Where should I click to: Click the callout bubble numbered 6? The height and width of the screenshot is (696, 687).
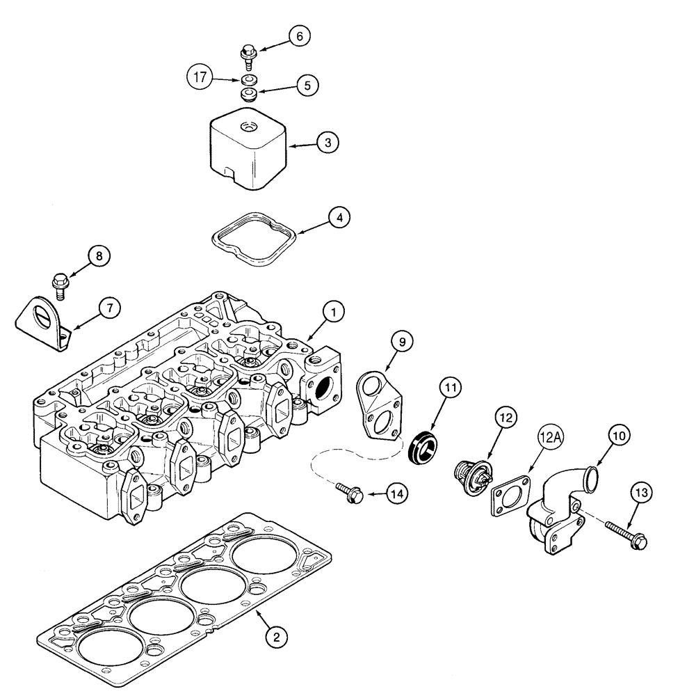300,35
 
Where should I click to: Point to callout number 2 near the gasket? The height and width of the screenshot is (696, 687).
276,635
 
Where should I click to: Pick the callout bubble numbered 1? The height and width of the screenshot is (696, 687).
333,313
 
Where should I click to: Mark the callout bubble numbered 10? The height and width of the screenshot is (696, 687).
620,435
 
